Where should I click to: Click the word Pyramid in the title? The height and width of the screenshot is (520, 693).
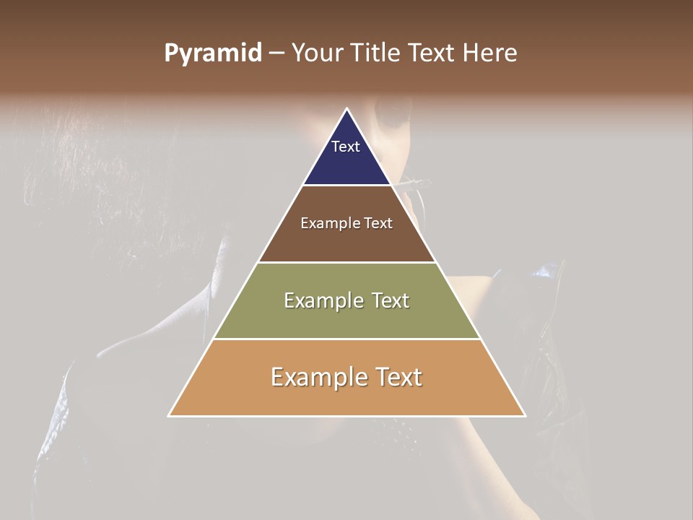click(x=212, y=53)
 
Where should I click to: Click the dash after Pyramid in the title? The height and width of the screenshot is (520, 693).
click(x=276, y=53)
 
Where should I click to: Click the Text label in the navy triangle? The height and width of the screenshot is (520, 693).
click(x=346, y=147)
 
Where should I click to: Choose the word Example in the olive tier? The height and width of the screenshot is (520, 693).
click(x=322, y=300)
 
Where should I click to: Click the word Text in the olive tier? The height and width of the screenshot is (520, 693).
click(x=391, y=300)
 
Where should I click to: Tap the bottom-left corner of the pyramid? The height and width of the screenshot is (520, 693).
click(x=170, y=415)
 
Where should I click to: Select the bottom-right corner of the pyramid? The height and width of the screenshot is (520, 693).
click(x=525, y=415)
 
